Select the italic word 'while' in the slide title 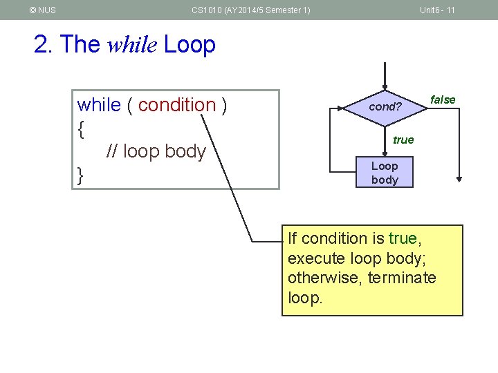click(133, 45)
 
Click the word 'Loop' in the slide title click(190, 45)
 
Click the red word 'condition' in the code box click(177, 105)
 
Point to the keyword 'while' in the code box click(99, 105)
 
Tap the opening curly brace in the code click(81, 128)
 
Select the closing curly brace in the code click(81, 175)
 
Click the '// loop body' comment click(156, 151)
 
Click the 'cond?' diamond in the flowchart click(385, 107)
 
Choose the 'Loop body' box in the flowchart click(385, 173)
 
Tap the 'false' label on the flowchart click(443, 99)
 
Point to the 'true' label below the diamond click(403, 140)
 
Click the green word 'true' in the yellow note click(403, 238)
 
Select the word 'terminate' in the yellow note click(402, 278)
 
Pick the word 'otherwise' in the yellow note click(318, 278)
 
